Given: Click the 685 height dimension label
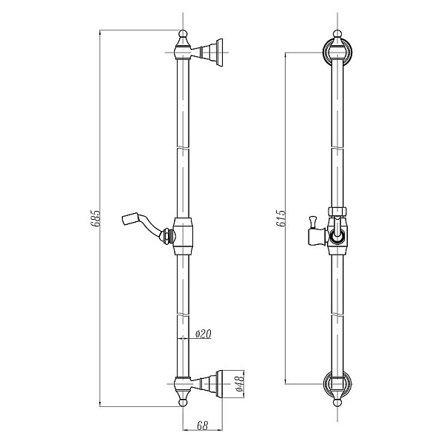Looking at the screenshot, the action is click(x=95, y=218).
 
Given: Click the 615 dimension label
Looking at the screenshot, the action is click(x=280, y=218).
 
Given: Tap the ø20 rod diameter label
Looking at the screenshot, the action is click(x=203, y=334).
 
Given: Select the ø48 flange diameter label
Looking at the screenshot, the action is click(x=240, y=383).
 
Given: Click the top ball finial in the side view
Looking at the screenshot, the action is click(x=184, y=34).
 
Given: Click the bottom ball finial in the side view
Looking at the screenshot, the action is click(x=184, y=402).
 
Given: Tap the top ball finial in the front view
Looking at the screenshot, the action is click(x=337, y=34).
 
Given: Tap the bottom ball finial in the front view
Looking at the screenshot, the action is click(x=337, y=402).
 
